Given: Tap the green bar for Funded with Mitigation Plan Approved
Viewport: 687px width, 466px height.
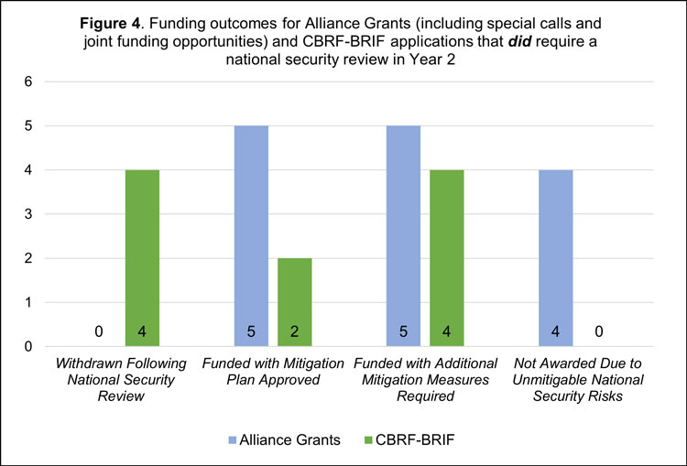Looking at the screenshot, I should (x=293, y=302).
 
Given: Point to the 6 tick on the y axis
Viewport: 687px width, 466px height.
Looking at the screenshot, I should (x=27, y=81).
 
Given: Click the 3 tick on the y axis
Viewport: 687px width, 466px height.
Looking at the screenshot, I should (x=27, y=214).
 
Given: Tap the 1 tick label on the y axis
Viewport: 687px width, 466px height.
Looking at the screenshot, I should (x=27, y=302).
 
